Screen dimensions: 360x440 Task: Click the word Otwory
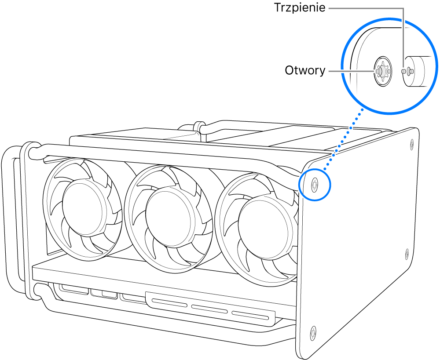(x=305, y=70)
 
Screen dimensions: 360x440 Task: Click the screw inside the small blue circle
(x=314, y=184)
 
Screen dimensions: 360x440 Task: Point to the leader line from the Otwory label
(x=350, y=70)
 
